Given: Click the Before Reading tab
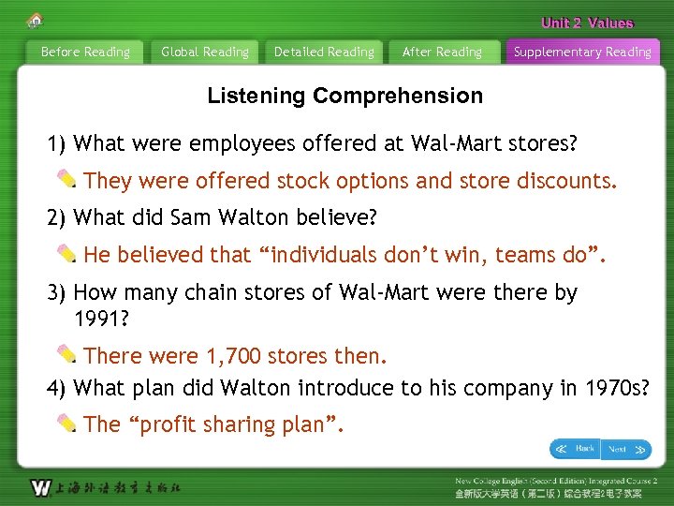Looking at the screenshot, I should (85, 52).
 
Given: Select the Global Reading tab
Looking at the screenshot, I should (205, 52).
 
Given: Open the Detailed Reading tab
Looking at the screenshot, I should (324, 52).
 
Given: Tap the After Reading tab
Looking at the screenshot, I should (442, 52).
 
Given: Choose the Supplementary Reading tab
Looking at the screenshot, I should (582, 52).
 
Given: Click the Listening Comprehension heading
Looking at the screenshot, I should (344, 96).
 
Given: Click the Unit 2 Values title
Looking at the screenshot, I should (587, 23).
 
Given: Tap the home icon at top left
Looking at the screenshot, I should (35, 21).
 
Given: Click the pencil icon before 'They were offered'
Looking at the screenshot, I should (67, 178).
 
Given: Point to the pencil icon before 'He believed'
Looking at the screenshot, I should (67, 253).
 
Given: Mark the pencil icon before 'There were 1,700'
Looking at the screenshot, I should (67, 354).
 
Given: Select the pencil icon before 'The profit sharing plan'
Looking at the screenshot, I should (67, 423).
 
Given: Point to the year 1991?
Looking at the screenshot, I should (101, 319).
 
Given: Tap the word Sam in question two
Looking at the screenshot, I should (191, 218).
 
